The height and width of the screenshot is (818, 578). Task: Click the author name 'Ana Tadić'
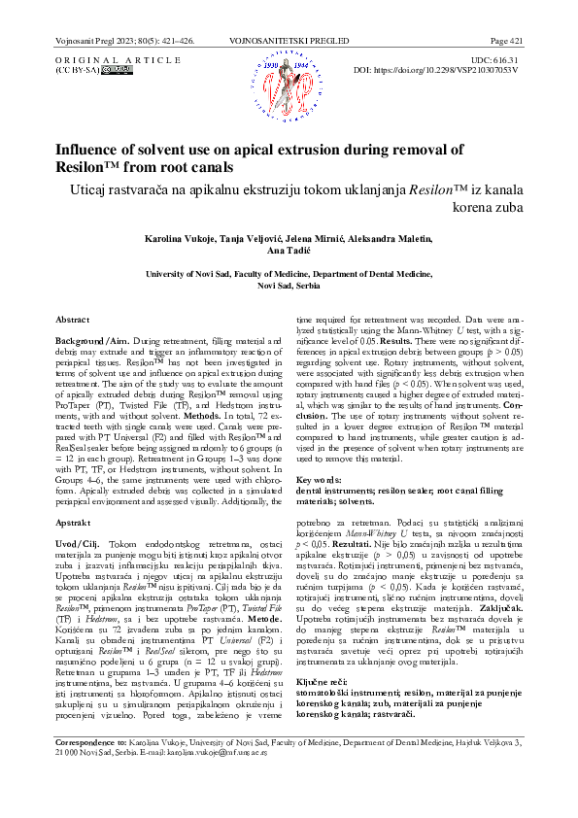[x=289, y=251]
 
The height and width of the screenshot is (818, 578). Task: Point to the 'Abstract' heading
[x=73, y=319]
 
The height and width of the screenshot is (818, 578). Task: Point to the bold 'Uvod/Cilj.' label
[x=82, y=542]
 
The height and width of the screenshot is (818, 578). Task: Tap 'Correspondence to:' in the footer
[x=84, y=768]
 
